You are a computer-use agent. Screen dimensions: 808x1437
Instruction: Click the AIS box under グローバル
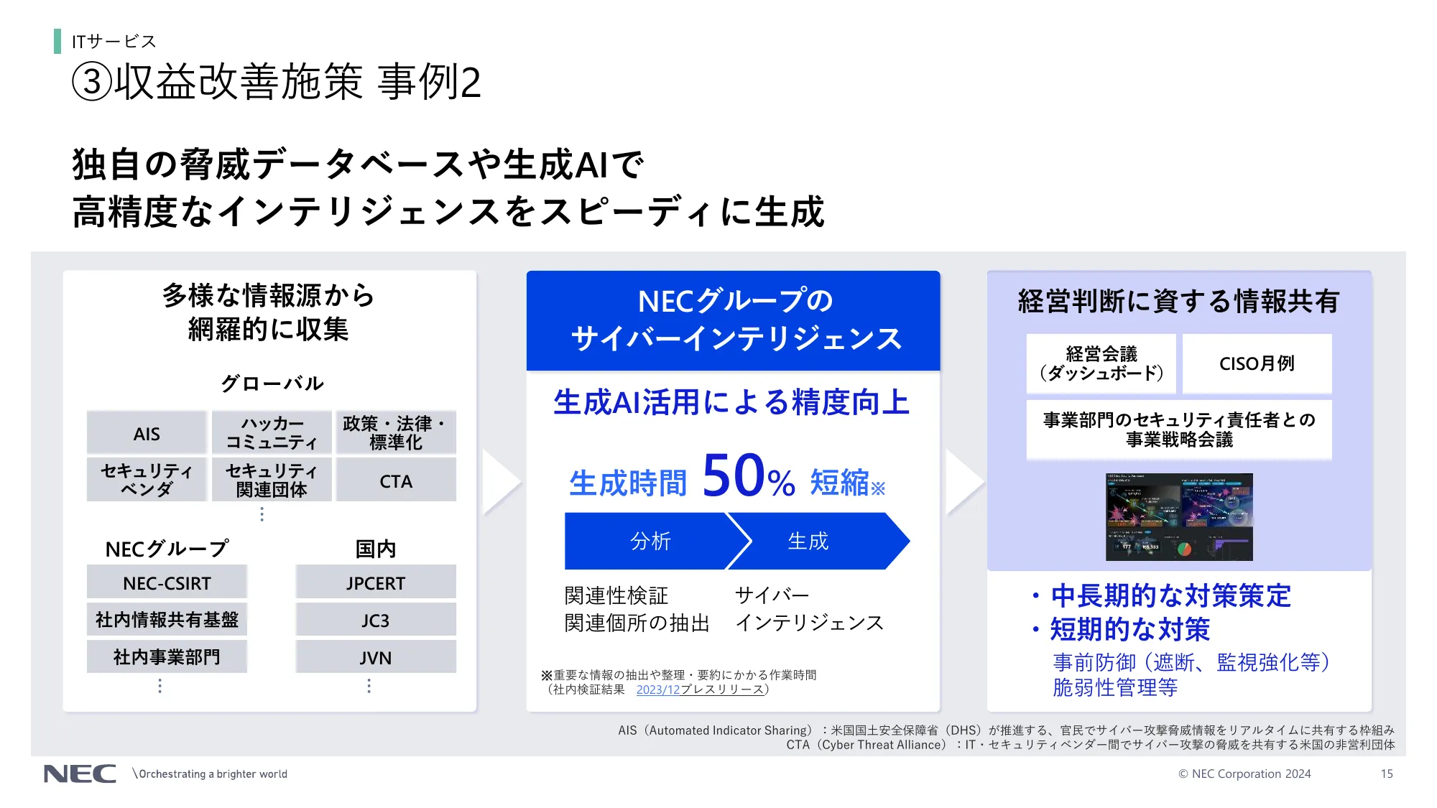(x=147, y=434)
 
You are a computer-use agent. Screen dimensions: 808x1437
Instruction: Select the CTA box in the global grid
(x=396, y=481)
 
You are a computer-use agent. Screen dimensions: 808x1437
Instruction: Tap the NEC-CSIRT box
(x=167, y=583)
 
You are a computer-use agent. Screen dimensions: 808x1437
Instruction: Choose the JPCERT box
(x=375, y=583)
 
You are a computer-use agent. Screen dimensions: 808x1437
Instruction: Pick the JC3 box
(x=375, y=621)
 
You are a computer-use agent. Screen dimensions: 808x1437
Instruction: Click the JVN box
(x=375, y=658)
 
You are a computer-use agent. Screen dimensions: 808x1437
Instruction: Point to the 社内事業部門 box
(x=167, y=657)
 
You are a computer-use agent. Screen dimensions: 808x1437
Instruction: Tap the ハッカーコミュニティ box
(x=271, y=433)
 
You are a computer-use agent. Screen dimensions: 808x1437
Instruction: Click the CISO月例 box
(x=1257, y=363)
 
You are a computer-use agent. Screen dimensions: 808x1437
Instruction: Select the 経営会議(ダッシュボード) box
(x=1101, y=363)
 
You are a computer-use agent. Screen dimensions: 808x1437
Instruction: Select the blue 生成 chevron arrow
(x=815, y=541)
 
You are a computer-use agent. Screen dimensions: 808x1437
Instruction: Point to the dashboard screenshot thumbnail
(x=1179, y=517)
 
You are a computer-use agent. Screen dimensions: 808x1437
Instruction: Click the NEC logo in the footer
(x=80, y=774)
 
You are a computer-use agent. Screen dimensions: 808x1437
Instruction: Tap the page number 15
(x=1386, y=774)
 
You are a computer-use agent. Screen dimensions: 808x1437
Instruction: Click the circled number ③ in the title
(x=92, y=82)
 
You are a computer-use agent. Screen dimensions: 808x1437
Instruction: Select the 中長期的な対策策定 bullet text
(x=1170, y=595)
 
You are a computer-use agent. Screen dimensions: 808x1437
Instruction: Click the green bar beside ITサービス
(x=57, y=41)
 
